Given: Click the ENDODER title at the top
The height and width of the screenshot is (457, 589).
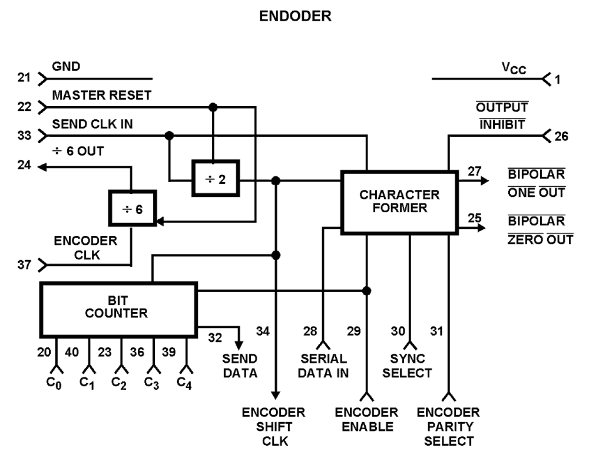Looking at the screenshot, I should (x=295, y=16).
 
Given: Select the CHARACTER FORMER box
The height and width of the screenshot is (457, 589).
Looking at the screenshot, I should (x=400, y=202).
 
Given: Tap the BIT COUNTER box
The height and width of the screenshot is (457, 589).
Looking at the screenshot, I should (x=118, y=309).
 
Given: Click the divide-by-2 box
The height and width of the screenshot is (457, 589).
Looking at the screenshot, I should (x=216, y=178).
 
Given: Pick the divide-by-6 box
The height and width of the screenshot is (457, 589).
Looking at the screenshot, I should (x=132, y=209).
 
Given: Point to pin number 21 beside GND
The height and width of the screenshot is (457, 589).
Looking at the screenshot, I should (x=24, y=77).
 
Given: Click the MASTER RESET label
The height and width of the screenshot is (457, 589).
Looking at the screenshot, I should (x=101, y=95).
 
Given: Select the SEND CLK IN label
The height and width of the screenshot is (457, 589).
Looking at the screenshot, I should (x=92, y=124).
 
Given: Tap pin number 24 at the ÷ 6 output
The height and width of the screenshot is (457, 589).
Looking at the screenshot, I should (x=24, y=165).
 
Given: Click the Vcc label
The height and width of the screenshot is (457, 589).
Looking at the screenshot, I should (x=514, y=68).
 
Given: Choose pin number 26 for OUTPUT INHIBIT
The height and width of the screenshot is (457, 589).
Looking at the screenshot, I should (x=561, y=136).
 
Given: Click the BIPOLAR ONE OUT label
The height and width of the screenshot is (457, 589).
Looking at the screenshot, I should (x=536, y=183).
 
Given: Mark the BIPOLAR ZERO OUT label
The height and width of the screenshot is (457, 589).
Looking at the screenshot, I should (x=540, y=230).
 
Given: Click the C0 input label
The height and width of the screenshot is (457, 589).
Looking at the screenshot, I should (x=54, y=383).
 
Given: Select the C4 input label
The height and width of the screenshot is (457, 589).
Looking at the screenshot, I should (x=184, y=383).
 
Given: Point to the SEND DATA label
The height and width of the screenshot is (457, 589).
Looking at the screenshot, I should (x=240, y=366).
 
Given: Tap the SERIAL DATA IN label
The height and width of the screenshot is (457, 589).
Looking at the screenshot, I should (x=323, y=366).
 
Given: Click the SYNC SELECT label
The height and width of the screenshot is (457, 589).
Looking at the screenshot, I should (x=407, y=366).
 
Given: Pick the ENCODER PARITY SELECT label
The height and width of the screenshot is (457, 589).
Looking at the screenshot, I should (x=448, y=426).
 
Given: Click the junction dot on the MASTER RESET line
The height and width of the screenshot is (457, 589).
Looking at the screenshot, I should (x=213, y=108).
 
